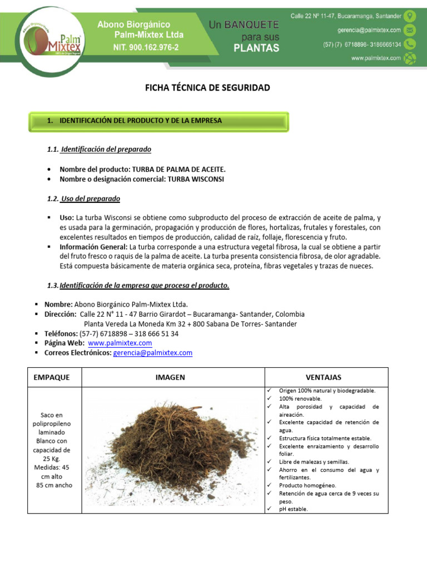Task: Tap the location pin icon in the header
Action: tap(410, 16)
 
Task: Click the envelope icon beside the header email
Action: tap(410, 30)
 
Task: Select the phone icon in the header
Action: tap(410, 44)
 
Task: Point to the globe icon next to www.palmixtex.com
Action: tap(410, 58)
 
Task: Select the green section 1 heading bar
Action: tap(158, 121)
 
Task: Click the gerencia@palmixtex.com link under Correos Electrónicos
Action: tap(153, 353)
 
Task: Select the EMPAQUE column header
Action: tap(52, 377)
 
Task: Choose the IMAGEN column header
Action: tap(170, 377)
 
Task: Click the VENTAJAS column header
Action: tap(324, 377)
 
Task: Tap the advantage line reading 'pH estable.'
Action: tap(293, 508)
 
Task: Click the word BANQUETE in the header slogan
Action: tap(251, 25)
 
